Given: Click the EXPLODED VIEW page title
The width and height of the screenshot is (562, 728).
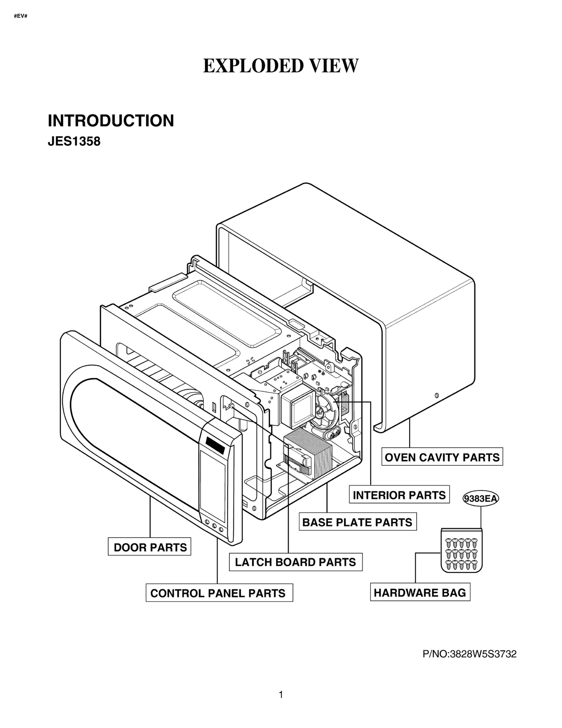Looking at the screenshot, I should (281, 66).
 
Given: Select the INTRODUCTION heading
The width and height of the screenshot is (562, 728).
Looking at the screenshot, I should (111, 121).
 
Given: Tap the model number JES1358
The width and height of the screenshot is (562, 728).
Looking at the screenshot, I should (74, 142).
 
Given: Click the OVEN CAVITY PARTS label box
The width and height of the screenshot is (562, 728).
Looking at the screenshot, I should (442, 457).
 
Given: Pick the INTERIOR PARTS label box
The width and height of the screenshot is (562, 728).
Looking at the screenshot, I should (399, 495).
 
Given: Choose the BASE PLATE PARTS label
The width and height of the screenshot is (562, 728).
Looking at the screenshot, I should (357, 522).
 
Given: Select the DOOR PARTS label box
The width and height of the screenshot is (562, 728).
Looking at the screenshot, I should (150, 547).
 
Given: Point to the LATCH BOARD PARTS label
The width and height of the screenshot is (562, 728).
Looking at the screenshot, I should (295, 562).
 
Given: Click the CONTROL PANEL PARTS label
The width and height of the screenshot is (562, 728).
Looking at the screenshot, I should (218, 593).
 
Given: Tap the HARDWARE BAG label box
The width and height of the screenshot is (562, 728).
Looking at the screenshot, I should (420, 593).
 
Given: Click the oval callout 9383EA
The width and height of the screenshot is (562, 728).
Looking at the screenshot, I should (481, 499).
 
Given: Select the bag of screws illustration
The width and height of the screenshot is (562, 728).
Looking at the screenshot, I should (461, 550).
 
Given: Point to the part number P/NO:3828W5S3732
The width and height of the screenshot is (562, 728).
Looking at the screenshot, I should (470, 654).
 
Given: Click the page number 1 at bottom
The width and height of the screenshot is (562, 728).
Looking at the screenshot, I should (281, 695).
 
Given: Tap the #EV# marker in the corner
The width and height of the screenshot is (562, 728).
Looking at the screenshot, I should (21, 17).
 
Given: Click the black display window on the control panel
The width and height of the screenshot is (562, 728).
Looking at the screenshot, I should (215, 445).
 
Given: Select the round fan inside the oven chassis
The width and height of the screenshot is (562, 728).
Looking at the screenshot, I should (326, 411).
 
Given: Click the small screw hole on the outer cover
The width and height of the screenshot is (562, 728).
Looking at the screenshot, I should (437, 395).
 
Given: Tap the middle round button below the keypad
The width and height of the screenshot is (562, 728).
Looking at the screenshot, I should (214, 526).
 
